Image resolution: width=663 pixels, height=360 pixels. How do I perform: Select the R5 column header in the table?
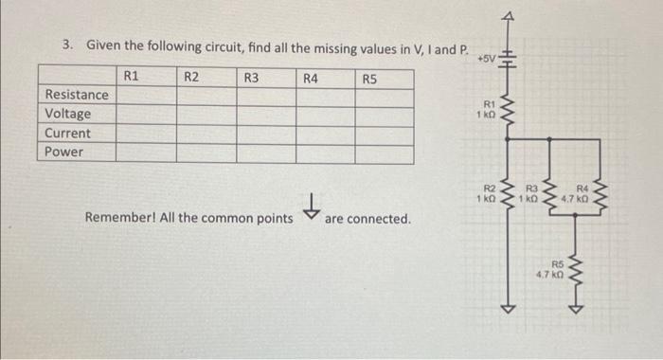coord(370,78)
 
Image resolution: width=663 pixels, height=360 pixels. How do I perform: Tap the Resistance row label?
coord(77,95)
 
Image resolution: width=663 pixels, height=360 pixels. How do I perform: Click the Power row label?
coord(64,152)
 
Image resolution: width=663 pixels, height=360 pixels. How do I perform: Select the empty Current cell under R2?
coord(206,133)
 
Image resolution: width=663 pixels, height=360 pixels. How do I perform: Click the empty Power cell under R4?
coord(325,152)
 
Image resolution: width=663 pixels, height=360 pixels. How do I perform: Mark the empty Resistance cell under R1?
coord(146,95)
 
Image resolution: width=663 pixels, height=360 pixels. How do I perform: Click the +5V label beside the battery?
coord(487,59)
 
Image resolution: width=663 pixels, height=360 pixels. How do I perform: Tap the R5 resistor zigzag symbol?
coord(572,266)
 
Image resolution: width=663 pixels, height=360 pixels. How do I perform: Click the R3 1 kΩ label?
coord(533,194)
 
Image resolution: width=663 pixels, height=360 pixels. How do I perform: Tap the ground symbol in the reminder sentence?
coord(308,207)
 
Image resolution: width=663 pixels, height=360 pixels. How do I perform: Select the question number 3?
coord(66,45)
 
